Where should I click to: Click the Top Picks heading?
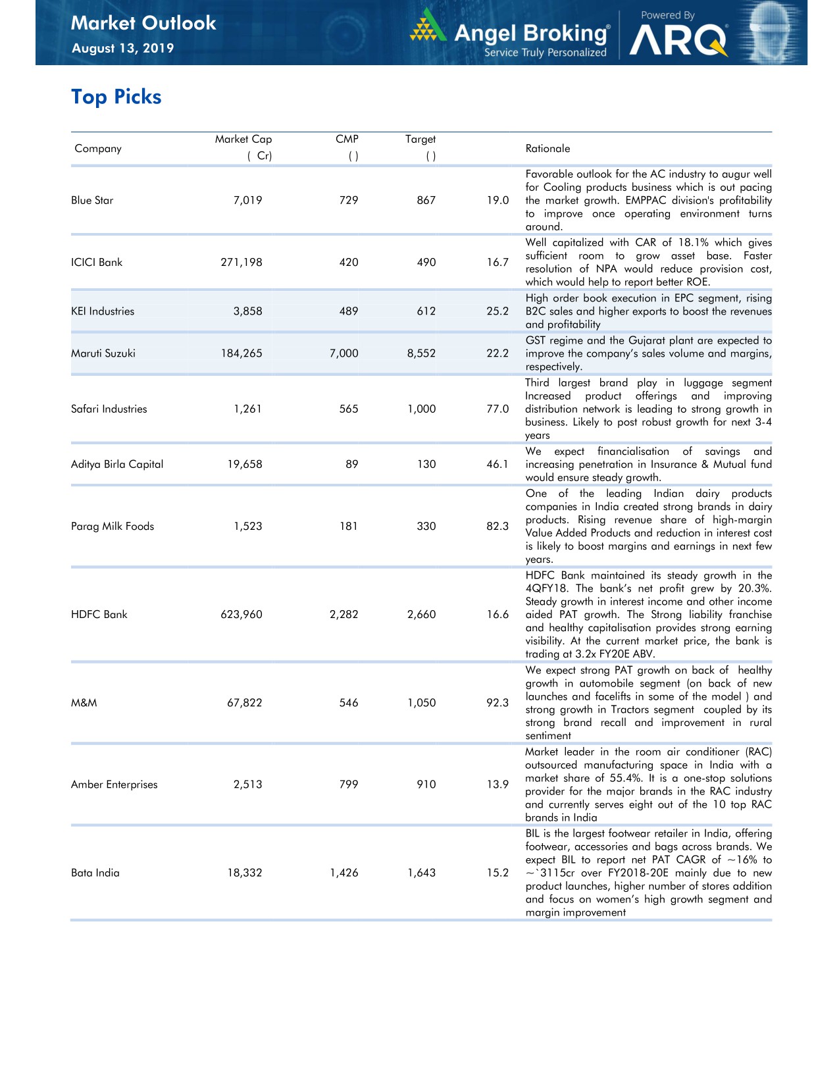(116, 97)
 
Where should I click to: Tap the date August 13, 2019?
(122, 48)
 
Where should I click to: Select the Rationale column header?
(547, 149)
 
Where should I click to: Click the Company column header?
(98, 149)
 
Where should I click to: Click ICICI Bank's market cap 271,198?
(241, 262)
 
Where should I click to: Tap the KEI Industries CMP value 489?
(349, 311)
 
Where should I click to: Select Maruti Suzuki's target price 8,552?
(421, 353)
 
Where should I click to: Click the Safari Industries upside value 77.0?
(497, 409)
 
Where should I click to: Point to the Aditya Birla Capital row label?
(117, 464)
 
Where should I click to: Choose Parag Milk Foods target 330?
(426, 526)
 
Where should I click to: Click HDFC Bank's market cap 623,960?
(241, 614)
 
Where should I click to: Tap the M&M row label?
(84, 703)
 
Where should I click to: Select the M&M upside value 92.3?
(497, 703)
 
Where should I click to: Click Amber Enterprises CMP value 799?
(349, 785)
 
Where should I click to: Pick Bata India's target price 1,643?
(421, 873)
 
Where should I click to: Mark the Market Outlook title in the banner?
(143, 23)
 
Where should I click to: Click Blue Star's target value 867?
(426, 200)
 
